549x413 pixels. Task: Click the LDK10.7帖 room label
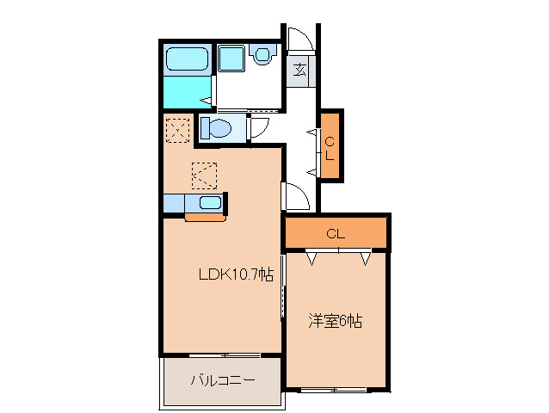[236, 275]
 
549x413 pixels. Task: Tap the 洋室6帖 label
[336, 322]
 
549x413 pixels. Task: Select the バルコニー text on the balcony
[222, 379]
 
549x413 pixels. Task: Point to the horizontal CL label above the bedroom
[336, 233]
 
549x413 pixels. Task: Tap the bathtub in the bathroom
[187, 60]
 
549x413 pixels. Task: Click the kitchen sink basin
[209, 203]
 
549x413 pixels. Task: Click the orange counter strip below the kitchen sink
[205, 217]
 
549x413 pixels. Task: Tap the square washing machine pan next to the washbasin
[231, 60]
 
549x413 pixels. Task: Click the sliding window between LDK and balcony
[223, 355]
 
